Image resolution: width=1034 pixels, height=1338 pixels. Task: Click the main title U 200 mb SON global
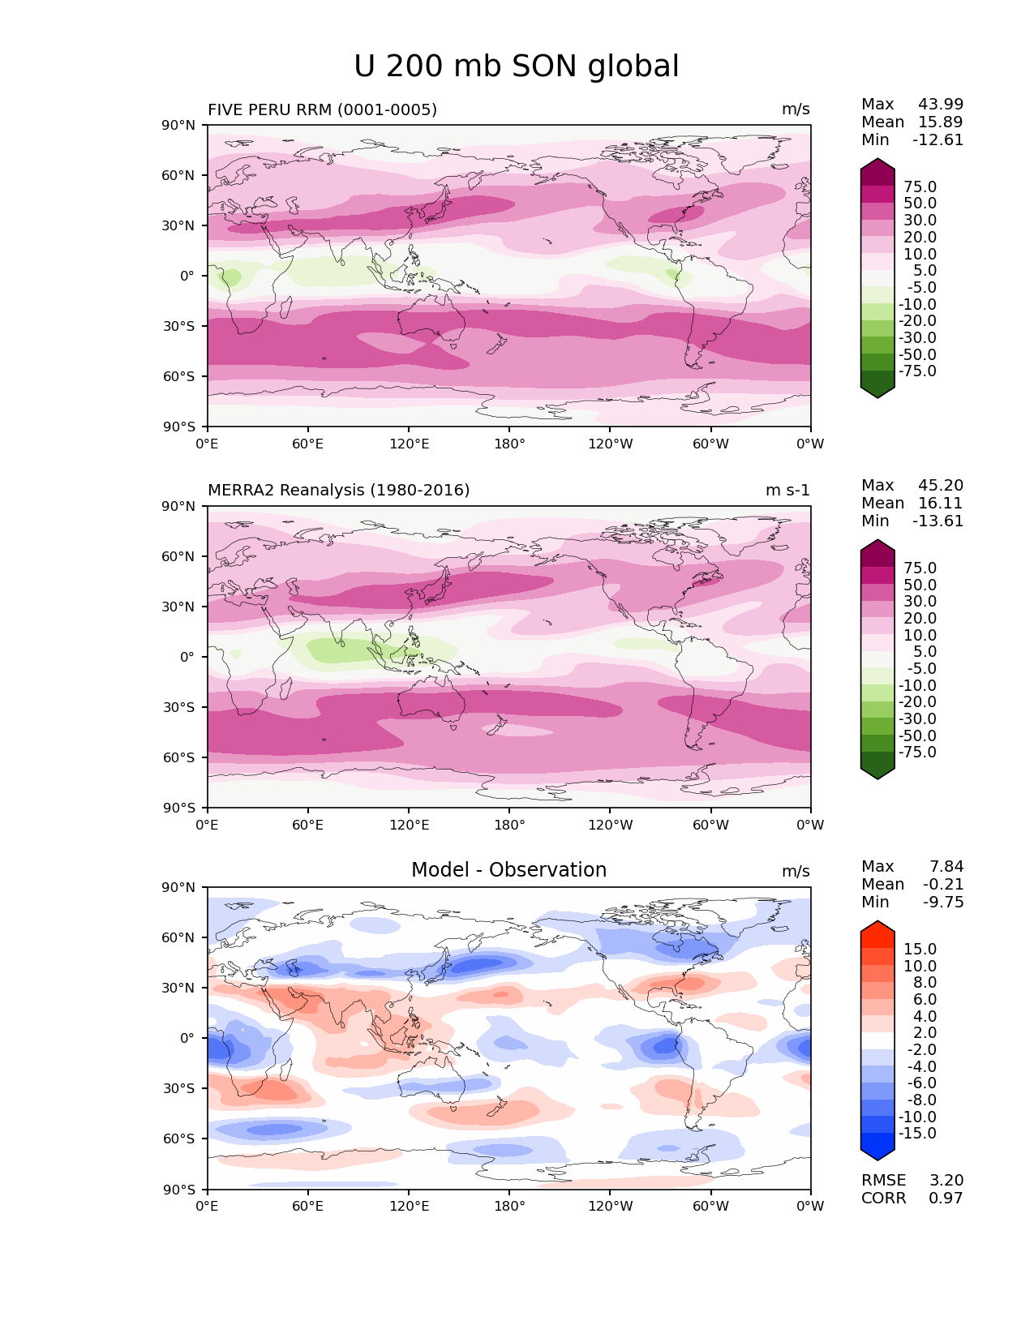click(516, 66)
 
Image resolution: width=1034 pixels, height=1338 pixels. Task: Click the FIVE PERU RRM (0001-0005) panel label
click(322, 109)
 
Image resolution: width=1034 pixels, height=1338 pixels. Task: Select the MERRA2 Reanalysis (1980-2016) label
click(338, 491)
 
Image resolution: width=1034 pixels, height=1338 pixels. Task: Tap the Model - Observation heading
click(508, 870)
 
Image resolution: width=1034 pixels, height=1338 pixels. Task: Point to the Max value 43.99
click(941, 105)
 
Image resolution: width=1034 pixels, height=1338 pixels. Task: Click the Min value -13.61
click(937, 521)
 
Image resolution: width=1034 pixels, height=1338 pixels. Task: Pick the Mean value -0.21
click(943, 885)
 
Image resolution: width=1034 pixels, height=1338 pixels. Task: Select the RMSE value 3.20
click(946, 1181)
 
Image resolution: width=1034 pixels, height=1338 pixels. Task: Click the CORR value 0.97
click(946, 1199)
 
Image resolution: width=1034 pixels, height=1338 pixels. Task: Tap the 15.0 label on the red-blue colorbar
click(920, 950)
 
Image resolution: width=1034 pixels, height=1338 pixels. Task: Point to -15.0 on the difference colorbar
click(917, 1134)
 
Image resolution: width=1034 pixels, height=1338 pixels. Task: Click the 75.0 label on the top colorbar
click(920, 187)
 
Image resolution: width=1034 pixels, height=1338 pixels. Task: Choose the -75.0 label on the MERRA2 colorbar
click(917, 753)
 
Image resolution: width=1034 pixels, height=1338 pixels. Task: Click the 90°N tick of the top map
click(179, 125)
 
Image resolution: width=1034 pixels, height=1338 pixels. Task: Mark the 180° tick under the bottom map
click(509, 1207)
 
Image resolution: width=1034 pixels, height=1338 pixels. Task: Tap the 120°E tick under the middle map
click(409, 826)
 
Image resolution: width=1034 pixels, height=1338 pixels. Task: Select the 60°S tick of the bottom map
click(179, 1139)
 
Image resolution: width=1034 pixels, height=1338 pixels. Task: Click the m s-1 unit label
click(787, 491)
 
